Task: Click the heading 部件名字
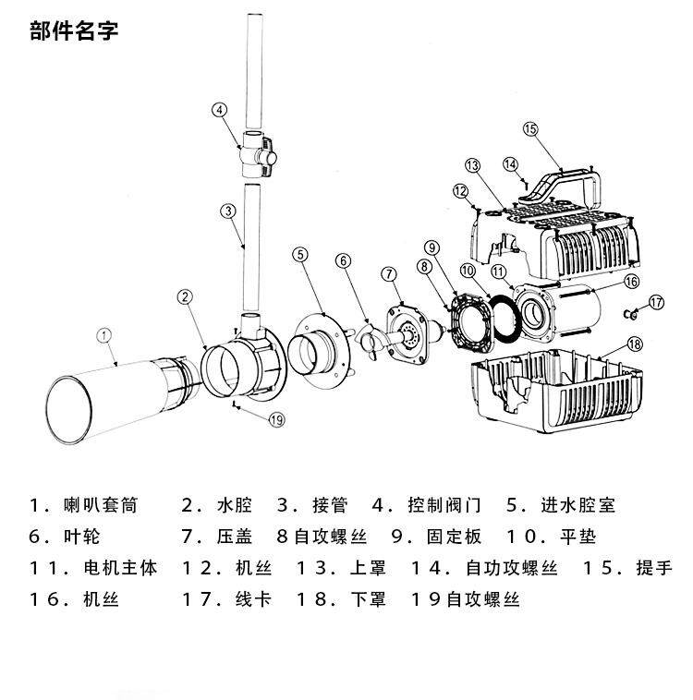[74, 32]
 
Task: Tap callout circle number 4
[219, 110]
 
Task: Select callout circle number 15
[529, 128]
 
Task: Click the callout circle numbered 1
[104, 335]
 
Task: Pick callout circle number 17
[655, 302]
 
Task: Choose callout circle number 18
[634, 344]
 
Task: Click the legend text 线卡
[253, 599]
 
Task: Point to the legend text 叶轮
[83, 537]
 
